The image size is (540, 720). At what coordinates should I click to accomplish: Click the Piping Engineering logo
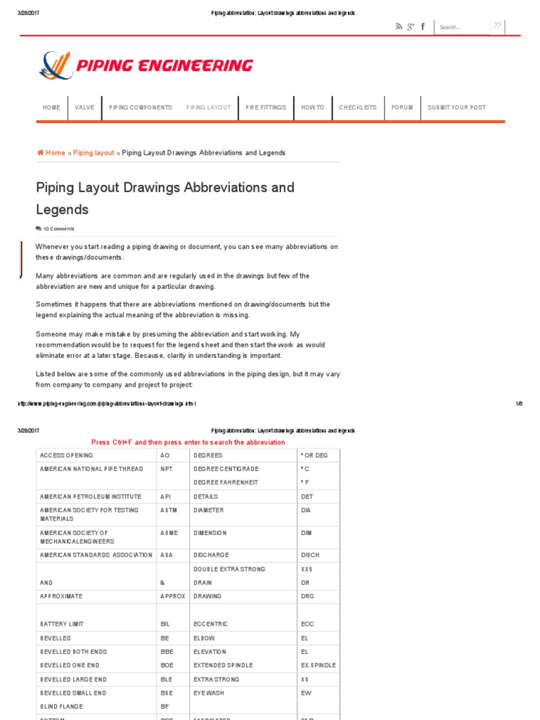[x=146, y=66]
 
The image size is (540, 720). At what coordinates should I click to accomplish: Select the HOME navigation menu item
[x=51, y=108]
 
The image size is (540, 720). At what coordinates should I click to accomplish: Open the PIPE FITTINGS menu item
[x=266, y=108]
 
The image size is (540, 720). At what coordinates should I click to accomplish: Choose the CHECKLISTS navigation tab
[x=357, y=108]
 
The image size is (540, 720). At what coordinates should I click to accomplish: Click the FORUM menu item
[x=402, y=108]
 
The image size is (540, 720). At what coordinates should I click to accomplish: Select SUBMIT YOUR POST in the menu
[x=456, y=108]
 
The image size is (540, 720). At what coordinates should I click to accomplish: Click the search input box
[x=461, y=27]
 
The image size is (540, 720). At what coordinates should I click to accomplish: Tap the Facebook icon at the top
[x=423, y=27]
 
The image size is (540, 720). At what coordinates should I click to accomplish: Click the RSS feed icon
[x=399, y=27]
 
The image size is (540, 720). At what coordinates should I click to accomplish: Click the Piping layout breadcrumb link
[x=94, y=153]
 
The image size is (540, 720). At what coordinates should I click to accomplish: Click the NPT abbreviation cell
[x=166, y=469]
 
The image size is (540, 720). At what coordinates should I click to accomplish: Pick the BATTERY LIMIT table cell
[x=63, y=624]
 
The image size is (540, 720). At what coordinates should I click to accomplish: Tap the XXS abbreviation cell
[x=306, y=569]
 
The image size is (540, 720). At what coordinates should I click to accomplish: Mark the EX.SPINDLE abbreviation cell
[x=318, y=665]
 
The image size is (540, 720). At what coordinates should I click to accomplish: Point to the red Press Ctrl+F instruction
[x=188, y=442]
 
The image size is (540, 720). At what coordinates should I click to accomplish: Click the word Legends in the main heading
[x=63, y=210]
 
